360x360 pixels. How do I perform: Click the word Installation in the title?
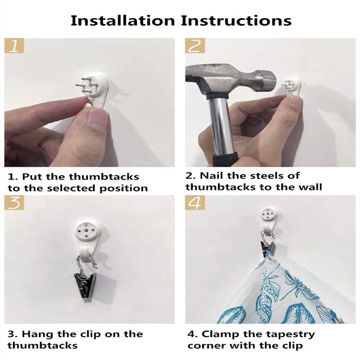point(122,20)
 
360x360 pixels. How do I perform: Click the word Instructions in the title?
point(236,20)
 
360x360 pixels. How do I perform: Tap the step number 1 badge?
point(14,46)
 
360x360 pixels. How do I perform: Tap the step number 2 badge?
point(195,46)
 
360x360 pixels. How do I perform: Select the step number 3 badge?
point(14,202)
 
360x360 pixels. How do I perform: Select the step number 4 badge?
point(195,202)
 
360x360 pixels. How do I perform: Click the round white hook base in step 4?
point(269,215)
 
